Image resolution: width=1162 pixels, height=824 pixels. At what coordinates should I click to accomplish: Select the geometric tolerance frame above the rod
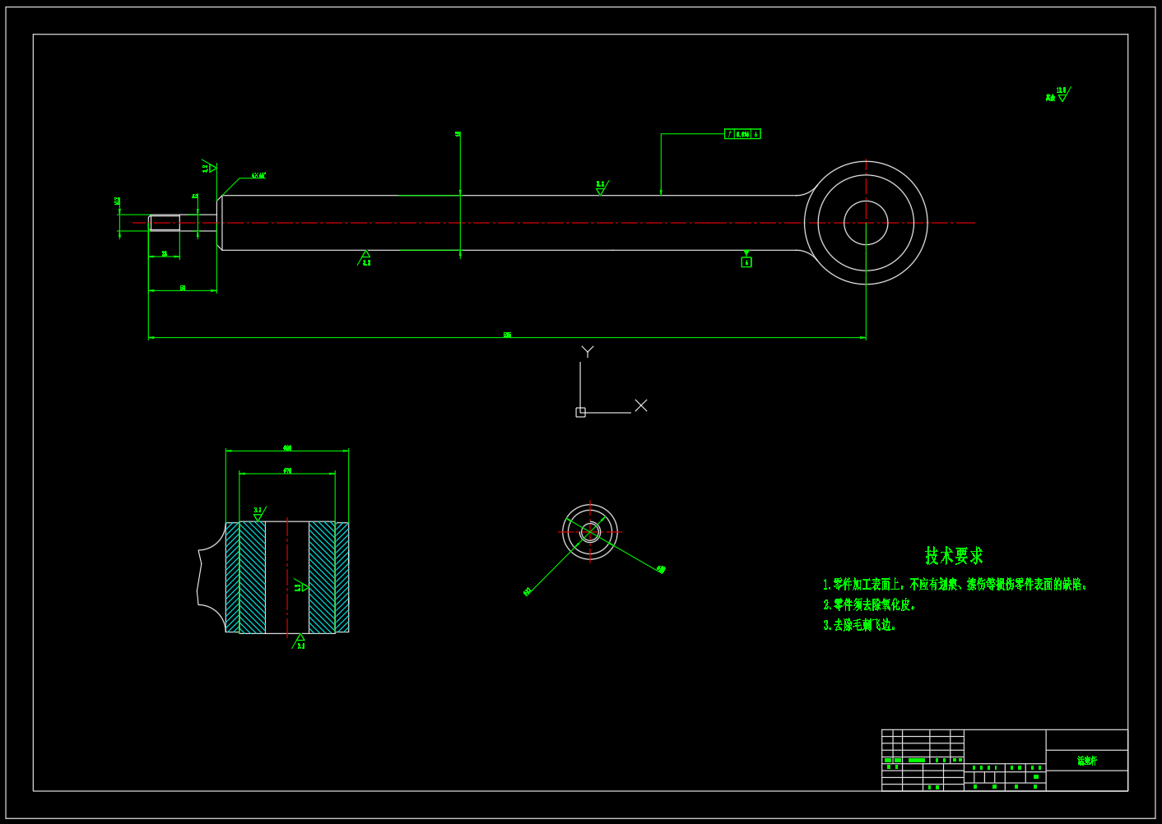coord(742,134)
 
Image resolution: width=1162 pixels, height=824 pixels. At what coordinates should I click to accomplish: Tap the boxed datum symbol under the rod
coord(746,262)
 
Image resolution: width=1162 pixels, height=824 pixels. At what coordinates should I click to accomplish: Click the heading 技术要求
coord(954,556)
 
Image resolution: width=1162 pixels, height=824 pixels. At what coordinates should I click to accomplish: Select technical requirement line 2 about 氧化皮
coord(870,605)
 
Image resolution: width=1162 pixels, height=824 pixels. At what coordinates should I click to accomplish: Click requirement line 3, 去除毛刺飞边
coord(860,625)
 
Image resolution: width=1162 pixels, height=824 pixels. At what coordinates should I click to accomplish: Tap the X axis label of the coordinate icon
coord(641,405)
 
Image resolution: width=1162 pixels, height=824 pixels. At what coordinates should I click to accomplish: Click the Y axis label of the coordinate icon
coord(588,351)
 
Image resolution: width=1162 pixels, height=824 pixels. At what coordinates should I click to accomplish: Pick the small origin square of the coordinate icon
coord(580,412)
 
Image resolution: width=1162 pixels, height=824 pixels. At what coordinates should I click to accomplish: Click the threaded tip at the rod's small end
coord(165,223)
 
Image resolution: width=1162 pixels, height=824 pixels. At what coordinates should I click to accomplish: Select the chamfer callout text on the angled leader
coord(258,175)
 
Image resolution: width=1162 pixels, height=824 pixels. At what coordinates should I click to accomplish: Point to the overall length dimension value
coord(508,335)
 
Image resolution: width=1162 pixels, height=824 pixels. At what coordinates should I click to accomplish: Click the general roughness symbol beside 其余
coord(1062,95)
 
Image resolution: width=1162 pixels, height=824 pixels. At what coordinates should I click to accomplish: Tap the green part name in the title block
coord(1087,761)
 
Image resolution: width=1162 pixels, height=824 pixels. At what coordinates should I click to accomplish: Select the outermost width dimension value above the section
coord(287,448)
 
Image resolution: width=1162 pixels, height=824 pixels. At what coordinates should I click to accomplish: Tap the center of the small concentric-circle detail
coord(590,532)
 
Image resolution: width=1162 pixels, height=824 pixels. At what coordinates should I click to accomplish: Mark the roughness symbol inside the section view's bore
coord(301,586)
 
